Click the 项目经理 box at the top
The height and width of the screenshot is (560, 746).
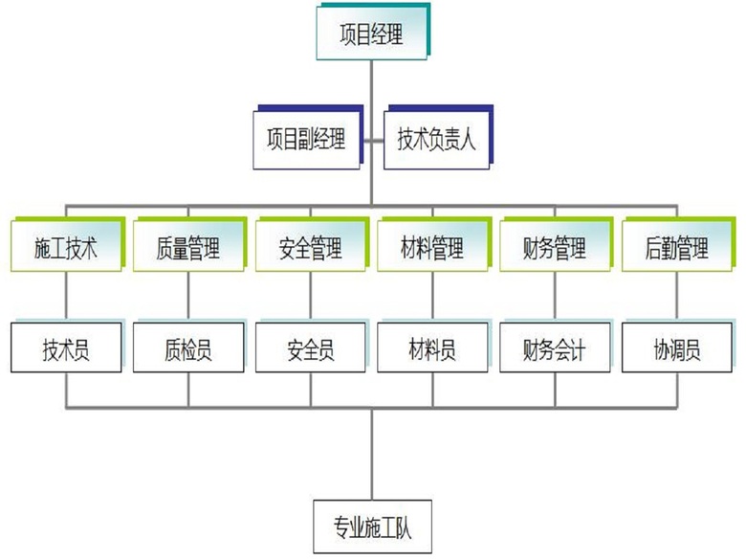372,36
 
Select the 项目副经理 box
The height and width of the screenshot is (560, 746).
305,140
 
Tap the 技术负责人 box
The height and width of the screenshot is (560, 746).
436,140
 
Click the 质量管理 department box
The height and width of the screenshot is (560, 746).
187,250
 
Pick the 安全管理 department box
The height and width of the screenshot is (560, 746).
310,250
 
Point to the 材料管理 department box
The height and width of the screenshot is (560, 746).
432,250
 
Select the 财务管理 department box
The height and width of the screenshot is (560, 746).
555,250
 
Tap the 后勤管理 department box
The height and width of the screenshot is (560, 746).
677,250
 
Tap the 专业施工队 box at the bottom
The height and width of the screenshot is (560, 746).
371,525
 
